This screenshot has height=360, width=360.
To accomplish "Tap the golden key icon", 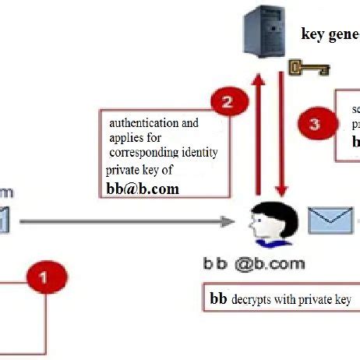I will (306, 70).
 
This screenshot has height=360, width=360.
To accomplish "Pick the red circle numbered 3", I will (314, 123).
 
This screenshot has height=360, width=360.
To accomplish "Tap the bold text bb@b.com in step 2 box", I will (143, 188).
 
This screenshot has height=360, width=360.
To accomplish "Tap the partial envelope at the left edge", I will (4, 221).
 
